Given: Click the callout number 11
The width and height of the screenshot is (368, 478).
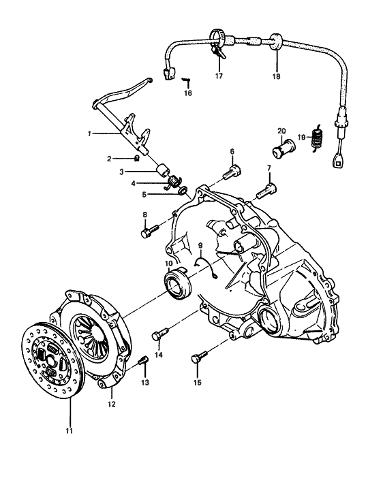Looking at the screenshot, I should point(69,430).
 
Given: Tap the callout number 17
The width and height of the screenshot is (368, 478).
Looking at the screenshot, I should point(219,76).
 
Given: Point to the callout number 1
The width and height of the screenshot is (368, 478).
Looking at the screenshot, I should point(89,134).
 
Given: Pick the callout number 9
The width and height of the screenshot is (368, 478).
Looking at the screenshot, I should point(200,246).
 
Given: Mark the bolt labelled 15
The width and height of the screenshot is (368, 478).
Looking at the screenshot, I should point(198,357).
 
